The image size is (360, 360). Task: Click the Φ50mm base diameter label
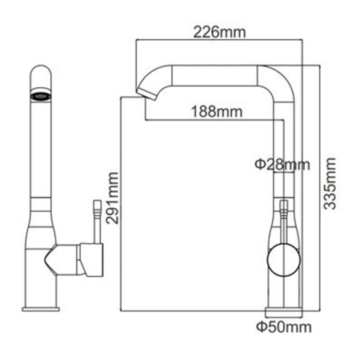tap(282, 326)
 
